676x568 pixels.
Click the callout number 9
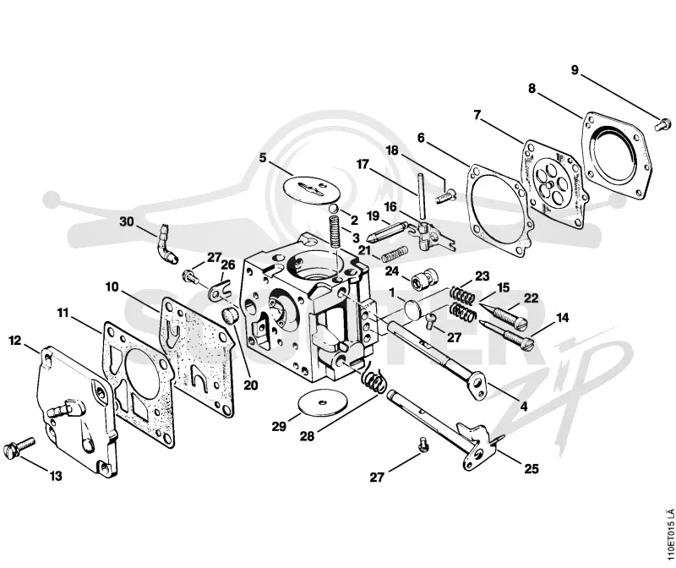(x=575, y=70)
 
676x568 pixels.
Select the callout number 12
(x=15, y=341)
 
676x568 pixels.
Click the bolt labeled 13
(x=19, y=448)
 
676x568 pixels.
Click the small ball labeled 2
(x=333, y=209)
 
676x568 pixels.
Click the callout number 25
(x=532, y=468)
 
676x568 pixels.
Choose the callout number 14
(x=562, y=319)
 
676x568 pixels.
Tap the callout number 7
(x=477, y=115)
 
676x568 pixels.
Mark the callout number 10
(x=112, y=287)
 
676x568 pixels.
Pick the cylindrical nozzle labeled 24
(x=422, y=281)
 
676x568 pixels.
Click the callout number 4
(x=523, y=407)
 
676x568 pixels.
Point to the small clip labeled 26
(x=220, y=291)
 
